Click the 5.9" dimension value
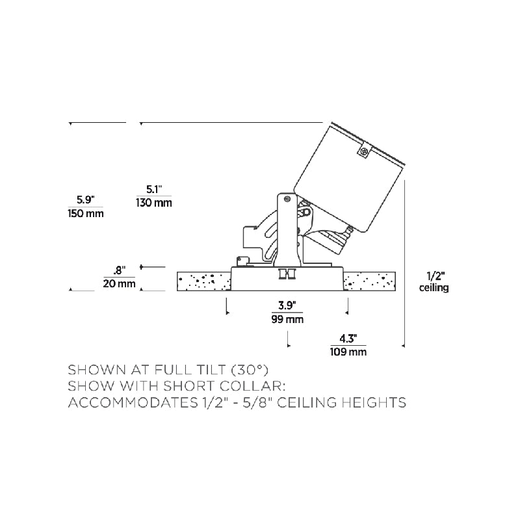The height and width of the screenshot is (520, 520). pos(86,199)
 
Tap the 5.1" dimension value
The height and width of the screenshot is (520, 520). pos(153,189)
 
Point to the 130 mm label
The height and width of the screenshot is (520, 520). pos(153,203)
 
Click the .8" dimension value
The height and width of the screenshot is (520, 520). pos(118,269)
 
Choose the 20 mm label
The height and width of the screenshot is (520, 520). pos(119,283)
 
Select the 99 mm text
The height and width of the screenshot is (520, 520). pos(287,320)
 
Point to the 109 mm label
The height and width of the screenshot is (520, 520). pos(348,352)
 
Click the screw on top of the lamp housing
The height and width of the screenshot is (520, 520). pos(364,152)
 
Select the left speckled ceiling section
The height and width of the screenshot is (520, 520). pos(203,281)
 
